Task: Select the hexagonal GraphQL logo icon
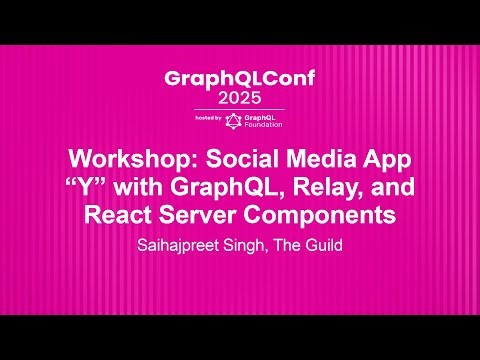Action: pos(233,120)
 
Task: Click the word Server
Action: pos(210,214)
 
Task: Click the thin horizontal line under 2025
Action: pos(239,109)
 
